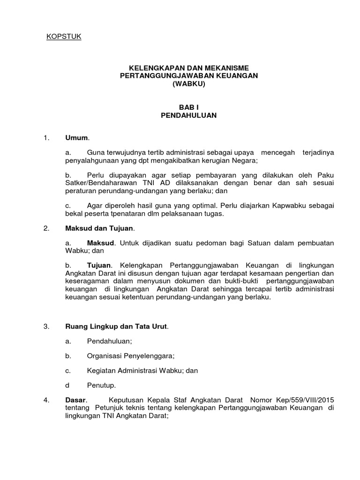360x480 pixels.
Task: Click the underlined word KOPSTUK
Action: (x=64, y=37)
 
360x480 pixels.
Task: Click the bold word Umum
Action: (x=76, y=138)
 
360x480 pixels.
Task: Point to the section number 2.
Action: (x=46, y=229)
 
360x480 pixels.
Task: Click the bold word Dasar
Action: (x=75, y=400)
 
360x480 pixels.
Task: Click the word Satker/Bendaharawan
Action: (x=102, y=184)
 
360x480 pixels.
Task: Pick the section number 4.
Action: (x=46, y=400)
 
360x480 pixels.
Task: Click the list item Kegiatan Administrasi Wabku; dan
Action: (x=142, y=370)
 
